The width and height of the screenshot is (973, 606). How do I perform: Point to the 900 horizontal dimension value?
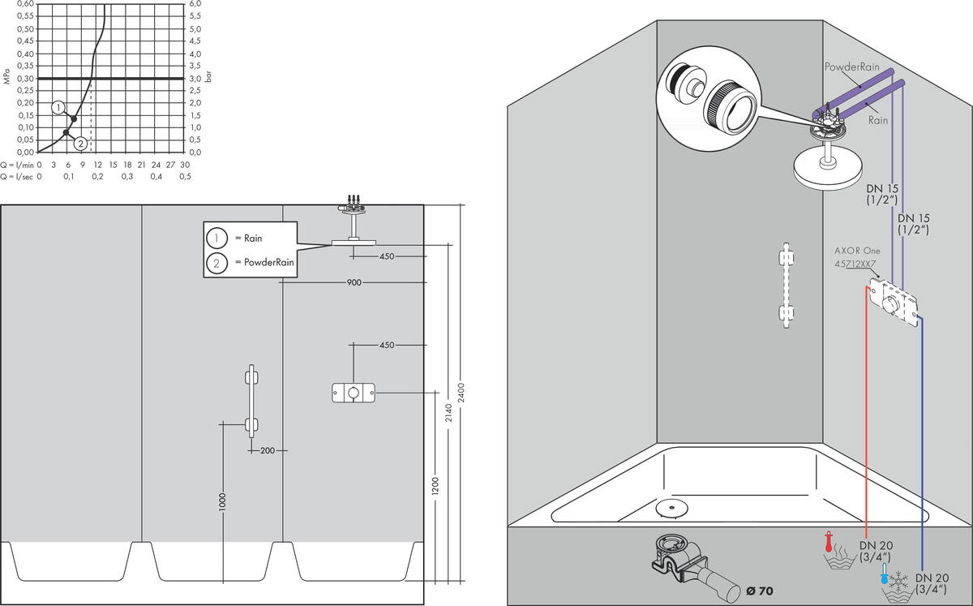tap(354, 282)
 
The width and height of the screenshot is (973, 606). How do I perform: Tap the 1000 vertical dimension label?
tap(222, 502)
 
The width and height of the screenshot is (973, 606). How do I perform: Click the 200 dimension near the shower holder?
tap(268, 450)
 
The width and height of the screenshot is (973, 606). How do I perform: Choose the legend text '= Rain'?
tap(248, 239)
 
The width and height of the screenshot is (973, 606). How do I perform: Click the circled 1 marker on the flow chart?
tap(58, 107)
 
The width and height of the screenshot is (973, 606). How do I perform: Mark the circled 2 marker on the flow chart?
tap(80, 144)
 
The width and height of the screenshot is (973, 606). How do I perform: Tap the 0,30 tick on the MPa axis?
tap(26, 78)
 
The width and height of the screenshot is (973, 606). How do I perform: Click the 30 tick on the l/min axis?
tap(185, 164)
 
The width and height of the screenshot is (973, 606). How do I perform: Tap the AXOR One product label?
tap(856, 251)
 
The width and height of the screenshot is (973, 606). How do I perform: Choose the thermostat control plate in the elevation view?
tap(353, 393)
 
